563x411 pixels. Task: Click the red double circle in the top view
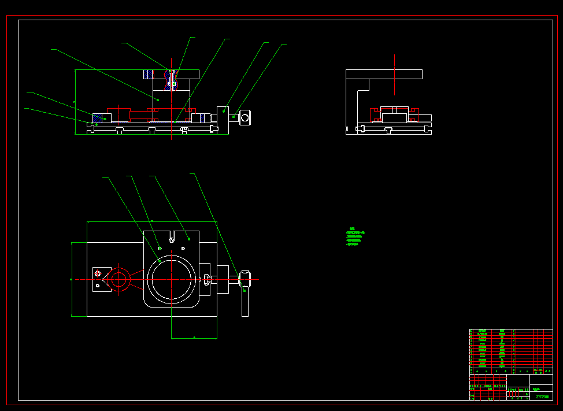119,280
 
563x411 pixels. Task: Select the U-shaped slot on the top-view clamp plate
171,236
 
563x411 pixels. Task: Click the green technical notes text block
355,236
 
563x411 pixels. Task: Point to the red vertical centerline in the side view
394,75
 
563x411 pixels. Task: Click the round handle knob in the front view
245,118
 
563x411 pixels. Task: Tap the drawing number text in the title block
542,397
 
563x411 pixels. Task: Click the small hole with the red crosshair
98,273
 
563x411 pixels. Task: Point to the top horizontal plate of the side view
384,74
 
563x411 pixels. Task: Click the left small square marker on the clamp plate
160,248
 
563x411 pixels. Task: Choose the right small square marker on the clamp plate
183,248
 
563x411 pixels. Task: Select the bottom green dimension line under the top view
194,338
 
